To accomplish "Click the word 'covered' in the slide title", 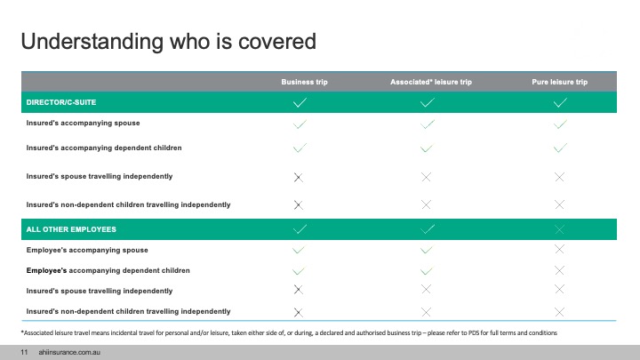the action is [277, 41].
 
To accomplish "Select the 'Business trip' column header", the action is [304, 82].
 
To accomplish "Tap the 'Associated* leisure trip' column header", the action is [431, 82].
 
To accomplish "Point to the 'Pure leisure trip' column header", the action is [560, 82].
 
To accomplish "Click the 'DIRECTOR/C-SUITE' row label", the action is [61, 102].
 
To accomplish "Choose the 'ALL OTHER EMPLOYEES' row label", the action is [71, 229].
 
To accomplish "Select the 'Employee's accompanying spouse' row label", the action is [87, 250].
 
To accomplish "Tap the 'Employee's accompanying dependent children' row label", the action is [108, 270].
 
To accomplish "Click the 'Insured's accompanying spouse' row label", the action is [83, 123].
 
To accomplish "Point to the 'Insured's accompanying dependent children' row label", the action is [104, 148].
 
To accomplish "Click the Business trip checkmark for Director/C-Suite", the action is [300, 102].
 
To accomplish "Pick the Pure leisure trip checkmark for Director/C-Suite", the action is [560, 102].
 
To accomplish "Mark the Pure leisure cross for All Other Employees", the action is [560, 229].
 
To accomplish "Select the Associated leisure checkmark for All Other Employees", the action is [428, 229].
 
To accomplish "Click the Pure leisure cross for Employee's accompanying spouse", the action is [560, 250].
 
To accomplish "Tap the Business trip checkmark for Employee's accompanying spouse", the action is [299, 250].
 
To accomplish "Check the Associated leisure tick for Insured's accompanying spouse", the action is [428, 124].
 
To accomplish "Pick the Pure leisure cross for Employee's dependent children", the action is [560, 270].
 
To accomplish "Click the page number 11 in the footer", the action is [24, 352].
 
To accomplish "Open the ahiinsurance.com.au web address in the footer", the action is [69, 352].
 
